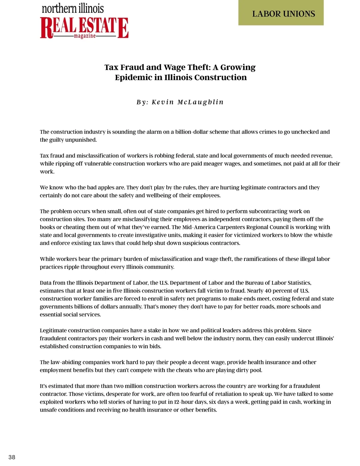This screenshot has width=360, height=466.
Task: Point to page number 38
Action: coord(12,457)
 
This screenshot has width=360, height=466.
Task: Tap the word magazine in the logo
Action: coord(85,36)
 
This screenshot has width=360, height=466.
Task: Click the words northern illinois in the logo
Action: coord(73,8)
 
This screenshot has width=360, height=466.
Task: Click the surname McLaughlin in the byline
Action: coord(200,102)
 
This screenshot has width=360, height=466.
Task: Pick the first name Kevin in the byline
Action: coord(163,102)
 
